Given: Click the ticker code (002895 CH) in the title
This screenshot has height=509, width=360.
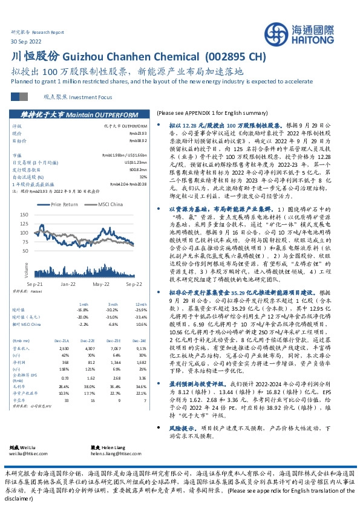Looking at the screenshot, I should [x=235, y=56].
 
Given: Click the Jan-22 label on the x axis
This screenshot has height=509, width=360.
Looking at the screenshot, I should [x=67, y=283].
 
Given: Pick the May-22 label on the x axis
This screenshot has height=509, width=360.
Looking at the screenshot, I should [x=100, y=283].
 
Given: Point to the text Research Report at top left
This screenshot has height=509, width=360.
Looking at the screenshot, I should [x=48, y=31].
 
